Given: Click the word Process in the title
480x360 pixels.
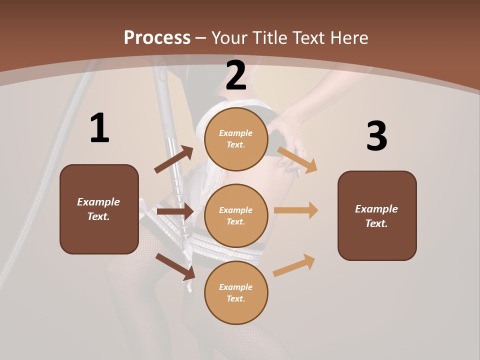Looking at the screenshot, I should (x=157, y=38).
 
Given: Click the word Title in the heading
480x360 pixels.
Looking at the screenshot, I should (x=269, y=38).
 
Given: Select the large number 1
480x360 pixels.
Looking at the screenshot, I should (x=99, y=128).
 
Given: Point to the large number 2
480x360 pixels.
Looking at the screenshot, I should (x=236, y=76).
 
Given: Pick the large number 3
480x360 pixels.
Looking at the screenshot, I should (x=376, y=136).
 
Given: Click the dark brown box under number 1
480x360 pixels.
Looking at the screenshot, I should (x=99, y=209).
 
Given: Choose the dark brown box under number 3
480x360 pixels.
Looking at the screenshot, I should (x=377, y=215).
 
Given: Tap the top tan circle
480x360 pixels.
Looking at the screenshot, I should (x=236, y=139).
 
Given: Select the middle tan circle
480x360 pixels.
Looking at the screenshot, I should (x=236, y=215).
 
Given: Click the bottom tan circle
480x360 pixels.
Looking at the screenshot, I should (x=236, y=292).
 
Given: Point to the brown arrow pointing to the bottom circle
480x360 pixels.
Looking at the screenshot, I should (x=175, y=266).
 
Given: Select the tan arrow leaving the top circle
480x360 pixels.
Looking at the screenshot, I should (x=297, y=159).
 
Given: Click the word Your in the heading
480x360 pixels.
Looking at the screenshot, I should (x=230, y=38).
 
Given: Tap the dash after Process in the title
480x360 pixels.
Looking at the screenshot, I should (x=201, y=38).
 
